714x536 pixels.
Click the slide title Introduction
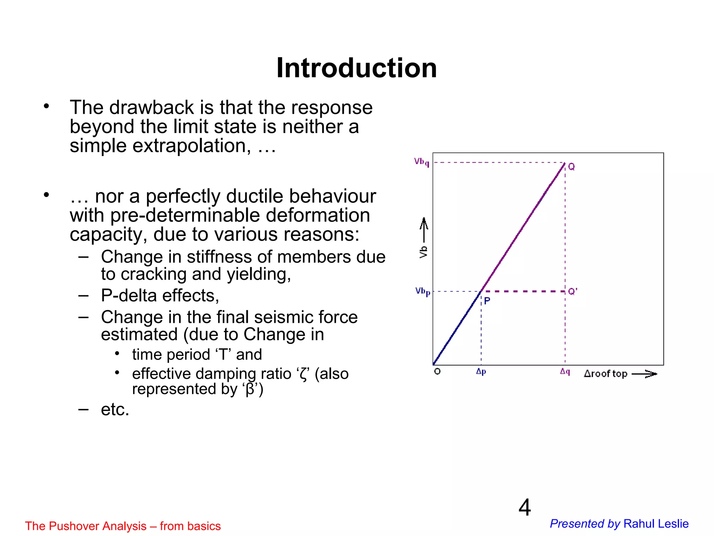pos(356,68)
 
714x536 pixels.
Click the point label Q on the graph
pos(571,167)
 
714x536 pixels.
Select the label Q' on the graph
pos(572,291)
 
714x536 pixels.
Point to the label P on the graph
pos(487,301)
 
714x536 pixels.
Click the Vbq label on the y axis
pos(421,162)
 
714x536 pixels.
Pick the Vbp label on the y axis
pos(423,291)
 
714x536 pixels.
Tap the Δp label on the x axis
pos(481,372)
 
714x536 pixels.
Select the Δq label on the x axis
pos(565,372)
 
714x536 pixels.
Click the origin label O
pos(437,371)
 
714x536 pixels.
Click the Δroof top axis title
pos(606,374)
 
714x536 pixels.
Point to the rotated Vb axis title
pos(424,252)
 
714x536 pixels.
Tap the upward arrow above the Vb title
pos(424,229)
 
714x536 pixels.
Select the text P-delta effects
pos(160,296)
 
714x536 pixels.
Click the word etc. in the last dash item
pos(115,409)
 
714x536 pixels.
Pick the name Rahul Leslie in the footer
pos(656,524)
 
